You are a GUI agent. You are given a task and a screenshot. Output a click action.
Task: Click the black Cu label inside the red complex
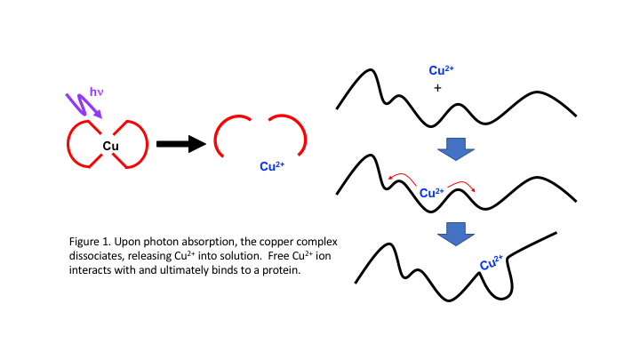coord(110,146)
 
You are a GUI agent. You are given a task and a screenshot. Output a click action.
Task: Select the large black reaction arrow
coord(181,144)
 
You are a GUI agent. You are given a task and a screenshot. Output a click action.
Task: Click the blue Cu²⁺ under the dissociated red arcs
coord(271,165)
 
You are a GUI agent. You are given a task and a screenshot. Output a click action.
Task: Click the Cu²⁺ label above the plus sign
coord(443,71)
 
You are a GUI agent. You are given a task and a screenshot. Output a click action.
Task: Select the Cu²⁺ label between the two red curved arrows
coord(431,192)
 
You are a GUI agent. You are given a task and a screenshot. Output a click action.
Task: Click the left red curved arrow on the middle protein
coord(399,180)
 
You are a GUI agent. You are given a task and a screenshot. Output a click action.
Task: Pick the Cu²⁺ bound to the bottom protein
coord(491,263)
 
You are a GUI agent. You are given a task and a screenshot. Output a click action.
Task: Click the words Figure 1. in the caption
coord(91,242)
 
